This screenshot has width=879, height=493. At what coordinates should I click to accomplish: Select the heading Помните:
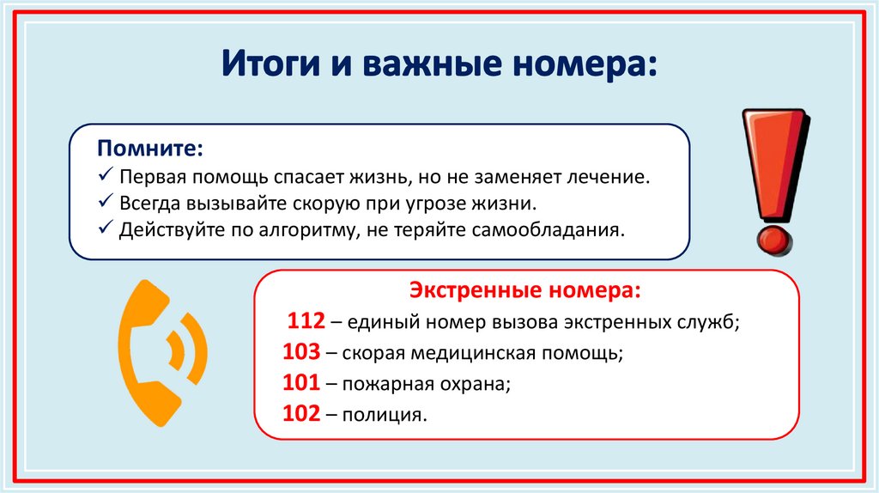click(150, 149)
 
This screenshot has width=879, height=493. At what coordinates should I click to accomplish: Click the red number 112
click(306, 321)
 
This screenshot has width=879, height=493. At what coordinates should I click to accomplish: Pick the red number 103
click(301, 352)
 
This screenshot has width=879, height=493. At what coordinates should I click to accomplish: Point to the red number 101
click(301, 383)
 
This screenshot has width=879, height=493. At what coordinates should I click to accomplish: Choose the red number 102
click(301, 414)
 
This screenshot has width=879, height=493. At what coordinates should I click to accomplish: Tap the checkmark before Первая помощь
click(104, 176)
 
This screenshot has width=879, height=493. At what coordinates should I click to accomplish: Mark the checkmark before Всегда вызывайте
click(104, 203)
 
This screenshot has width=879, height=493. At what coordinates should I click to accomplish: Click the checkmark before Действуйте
click(104, 229)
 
